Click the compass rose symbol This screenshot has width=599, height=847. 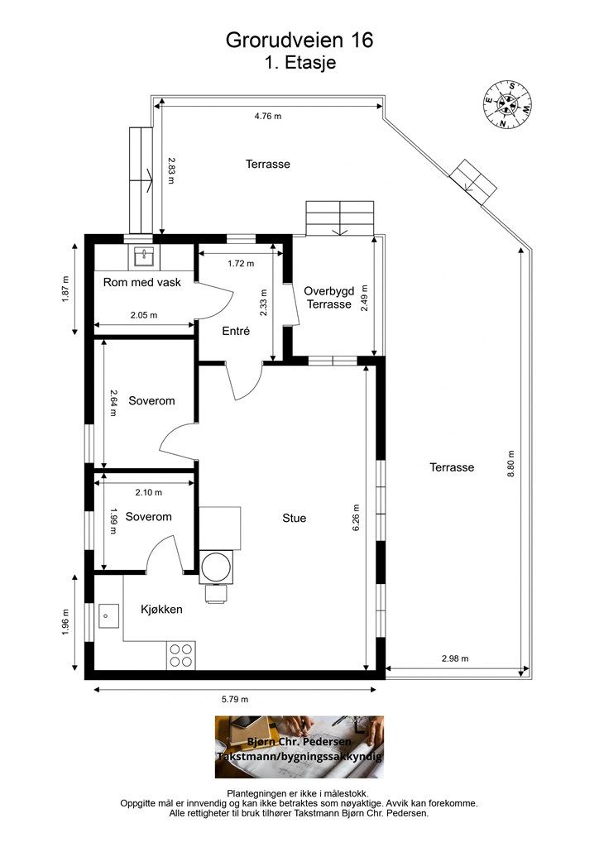pos(506,105)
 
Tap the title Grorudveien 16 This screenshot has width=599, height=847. pos(299,40)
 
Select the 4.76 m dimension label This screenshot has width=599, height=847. pos(268,116)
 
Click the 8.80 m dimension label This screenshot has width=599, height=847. pos(511,463)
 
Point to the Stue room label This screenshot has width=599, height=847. pos(295,518)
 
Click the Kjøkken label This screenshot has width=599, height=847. pos(161,610)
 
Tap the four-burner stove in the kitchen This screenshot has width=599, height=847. pos(181,655)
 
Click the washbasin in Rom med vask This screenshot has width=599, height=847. pos(144,257)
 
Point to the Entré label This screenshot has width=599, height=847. pos(236,331)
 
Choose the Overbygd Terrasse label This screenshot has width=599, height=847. pos(329,298)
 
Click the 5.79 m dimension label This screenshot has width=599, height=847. pos(235,699)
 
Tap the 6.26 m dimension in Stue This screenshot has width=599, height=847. pos(356,518)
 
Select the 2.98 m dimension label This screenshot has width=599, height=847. pos(455,658)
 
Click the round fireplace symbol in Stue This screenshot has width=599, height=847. pos(217,567)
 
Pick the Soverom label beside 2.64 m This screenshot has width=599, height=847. pos(151,401)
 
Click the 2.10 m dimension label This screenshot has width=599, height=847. pos(149,492)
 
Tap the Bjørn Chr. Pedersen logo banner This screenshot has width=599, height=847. pos(299,747)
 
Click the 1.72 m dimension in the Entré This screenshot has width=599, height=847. pos(241,264)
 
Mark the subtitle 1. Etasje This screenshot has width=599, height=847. pos(300,63)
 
